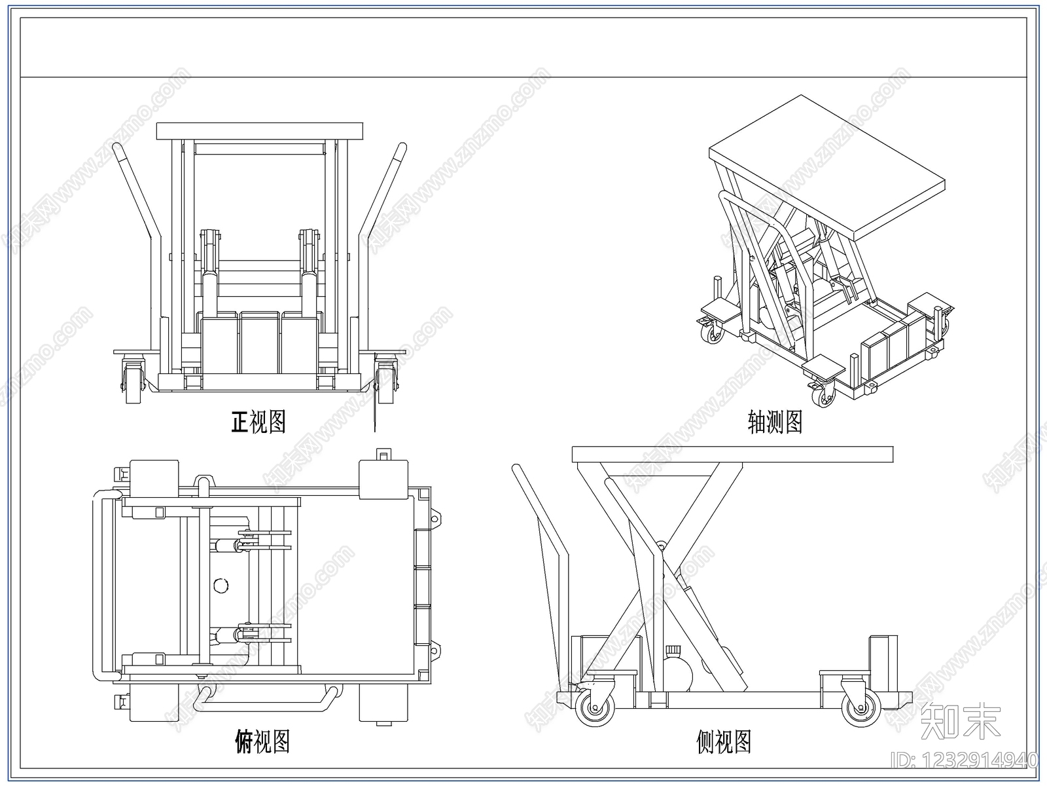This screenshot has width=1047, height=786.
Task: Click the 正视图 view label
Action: point(258,422)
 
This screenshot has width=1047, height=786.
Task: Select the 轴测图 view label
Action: point(775,422)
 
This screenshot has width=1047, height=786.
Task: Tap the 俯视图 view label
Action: point(262,741)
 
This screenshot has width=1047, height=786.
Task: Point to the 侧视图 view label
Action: point(724,741)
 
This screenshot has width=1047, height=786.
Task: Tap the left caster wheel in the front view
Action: point(133,382)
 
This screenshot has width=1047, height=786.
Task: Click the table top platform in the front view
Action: point(260,131)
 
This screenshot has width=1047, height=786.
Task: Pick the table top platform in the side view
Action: point(732,455)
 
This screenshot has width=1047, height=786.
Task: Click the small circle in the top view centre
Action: point(221,585)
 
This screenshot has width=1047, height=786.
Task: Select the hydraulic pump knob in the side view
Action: point(673,651)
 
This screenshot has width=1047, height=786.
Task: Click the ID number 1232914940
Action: point(964,760)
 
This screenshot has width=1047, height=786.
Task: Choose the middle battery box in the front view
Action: point(260,342)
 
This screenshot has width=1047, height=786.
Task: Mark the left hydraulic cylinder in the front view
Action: point(209,272)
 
